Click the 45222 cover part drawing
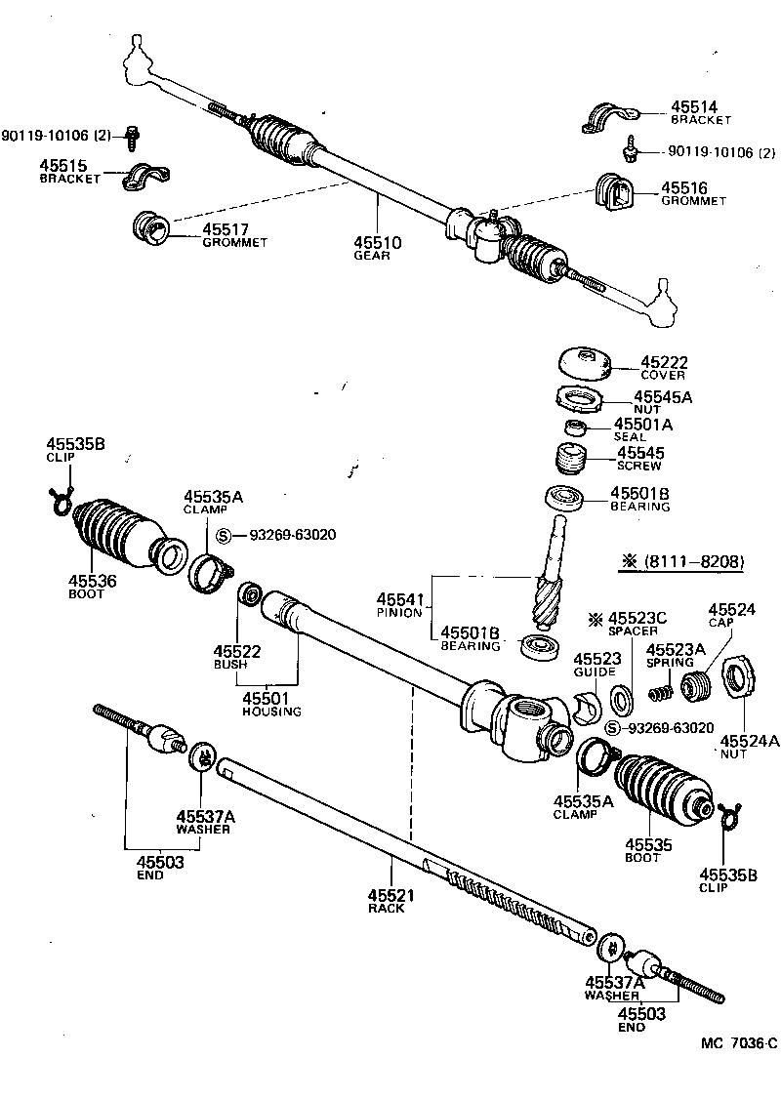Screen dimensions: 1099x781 (x=585, y=363)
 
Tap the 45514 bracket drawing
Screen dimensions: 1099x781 (x=607, y=117)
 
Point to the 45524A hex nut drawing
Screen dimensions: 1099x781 (x=738, y=676)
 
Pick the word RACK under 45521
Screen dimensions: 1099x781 (x=386, y=909)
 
